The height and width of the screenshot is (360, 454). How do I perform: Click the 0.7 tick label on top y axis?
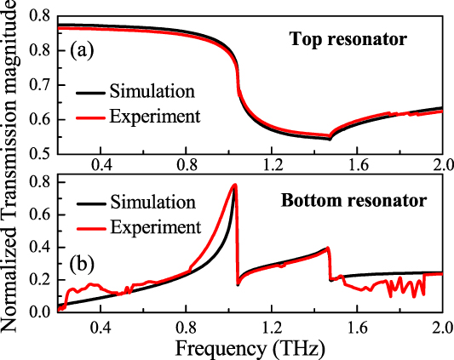point(40,83)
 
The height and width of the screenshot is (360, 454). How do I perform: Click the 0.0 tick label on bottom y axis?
point(40,312)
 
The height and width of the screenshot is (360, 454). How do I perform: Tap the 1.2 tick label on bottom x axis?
point(272,327)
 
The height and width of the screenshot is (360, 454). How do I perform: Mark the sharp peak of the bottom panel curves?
point(234,185)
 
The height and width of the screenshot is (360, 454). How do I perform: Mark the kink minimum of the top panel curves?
point(330,138)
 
